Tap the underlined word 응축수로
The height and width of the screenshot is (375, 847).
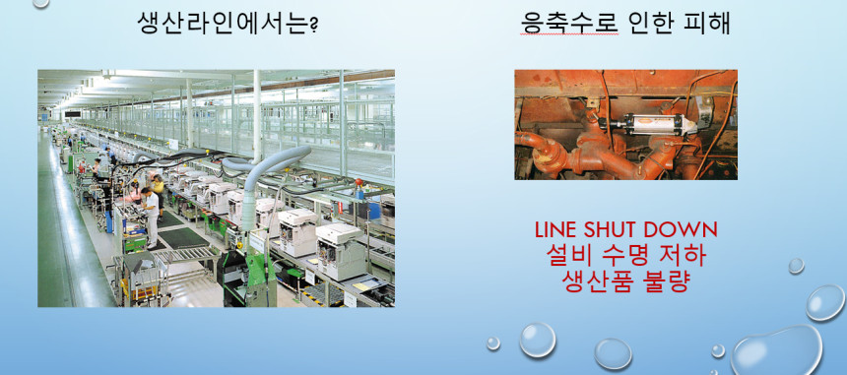(x=570, y=23)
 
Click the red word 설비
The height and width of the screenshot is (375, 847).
(x=566, y=255)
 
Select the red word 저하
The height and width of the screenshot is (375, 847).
(x=685, y=255)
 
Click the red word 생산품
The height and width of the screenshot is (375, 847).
(x=592, y=281)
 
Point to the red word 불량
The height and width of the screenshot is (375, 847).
(x=665, y=281)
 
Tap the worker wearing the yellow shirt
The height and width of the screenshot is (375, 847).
(x=159, y=190)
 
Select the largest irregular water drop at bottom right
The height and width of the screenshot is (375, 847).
(x=778, y=350)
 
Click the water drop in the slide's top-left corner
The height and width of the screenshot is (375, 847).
(x=40, y=3)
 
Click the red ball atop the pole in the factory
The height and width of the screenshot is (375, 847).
(x=357, y=181)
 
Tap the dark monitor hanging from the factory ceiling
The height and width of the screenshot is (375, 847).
(x=72, y=114)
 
